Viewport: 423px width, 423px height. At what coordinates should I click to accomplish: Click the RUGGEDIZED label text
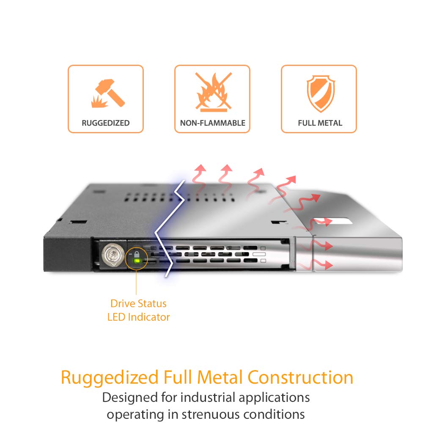(x=106, y=123)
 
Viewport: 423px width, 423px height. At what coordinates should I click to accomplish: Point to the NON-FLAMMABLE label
(x=213, y=123)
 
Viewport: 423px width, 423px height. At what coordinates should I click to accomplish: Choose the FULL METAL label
(x=320, y=123)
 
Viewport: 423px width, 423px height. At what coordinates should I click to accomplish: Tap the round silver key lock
(x=111, y=255)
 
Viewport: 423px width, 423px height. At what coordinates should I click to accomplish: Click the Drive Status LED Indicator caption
(x=138, y=310)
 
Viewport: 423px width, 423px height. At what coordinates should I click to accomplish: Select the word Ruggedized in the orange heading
(x=107, y=378)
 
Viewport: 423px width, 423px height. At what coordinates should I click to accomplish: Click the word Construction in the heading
(x=301, y=377)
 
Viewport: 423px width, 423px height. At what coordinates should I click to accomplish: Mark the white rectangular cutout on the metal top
(x=334, y=221)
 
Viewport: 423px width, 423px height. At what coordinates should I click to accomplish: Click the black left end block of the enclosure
(x=68, y=253)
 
